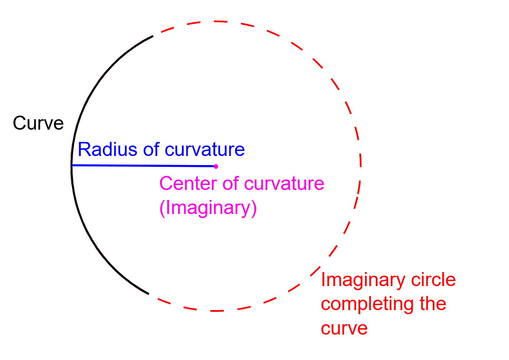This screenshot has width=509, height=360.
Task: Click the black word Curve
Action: pos(39,123)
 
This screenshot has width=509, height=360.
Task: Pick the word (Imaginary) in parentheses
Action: pos(208,208)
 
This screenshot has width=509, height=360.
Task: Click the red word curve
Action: pos(344,328)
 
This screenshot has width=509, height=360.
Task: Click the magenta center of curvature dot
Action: pos(216,166)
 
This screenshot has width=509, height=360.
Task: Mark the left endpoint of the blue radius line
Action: pos(73,165)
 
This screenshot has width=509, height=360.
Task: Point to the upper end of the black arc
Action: pos(153,36)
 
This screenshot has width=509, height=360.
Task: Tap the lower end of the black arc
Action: pos(148,294)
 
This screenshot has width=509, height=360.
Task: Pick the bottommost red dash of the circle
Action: pos(217,311)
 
